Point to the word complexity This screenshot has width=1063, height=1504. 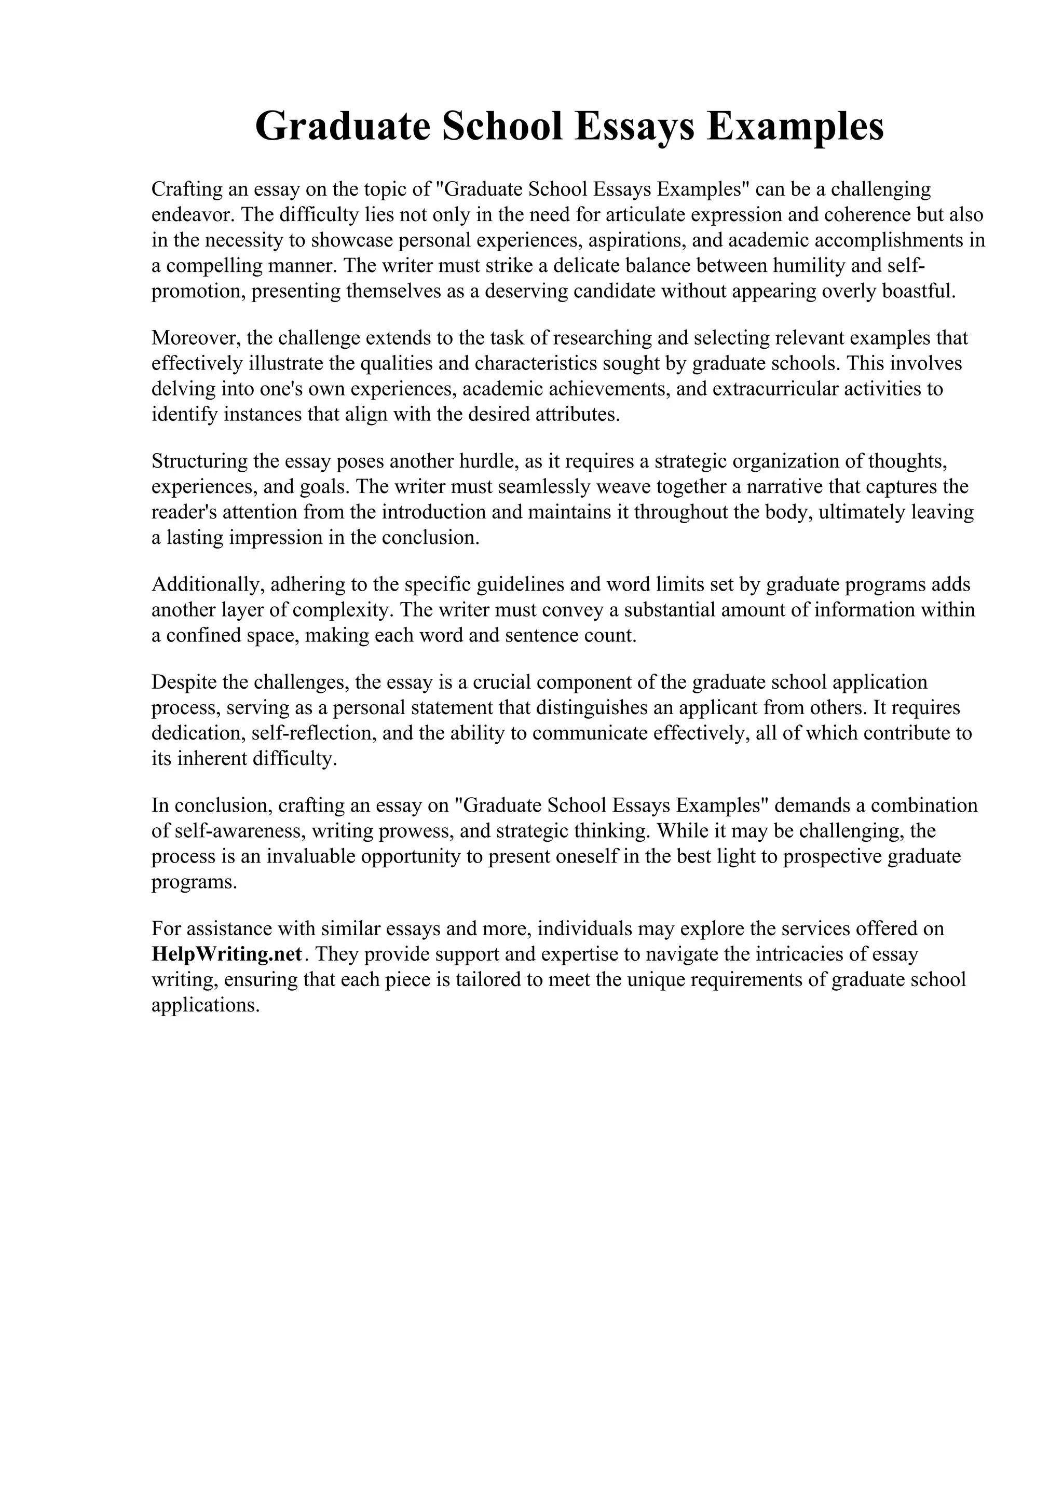[x=343, y=610]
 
